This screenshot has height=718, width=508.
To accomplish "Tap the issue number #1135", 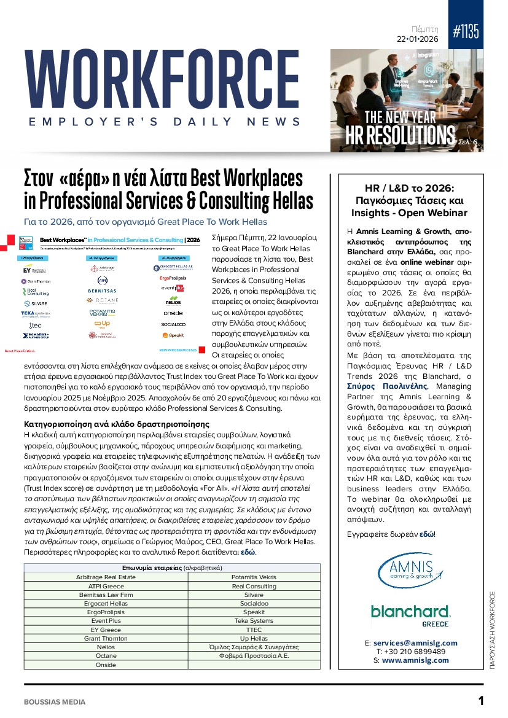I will [x=466, y=33].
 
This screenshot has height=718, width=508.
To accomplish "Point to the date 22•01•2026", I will [x=418, y=39].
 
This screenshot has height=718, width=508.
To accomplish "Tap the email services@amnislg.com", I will [x=415, y=643].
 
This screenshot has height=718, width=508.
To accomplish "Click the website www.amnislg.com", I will [x=415, y=660].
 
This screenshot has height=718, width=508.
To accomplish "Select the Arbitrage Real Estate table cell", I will [x=106, y=577].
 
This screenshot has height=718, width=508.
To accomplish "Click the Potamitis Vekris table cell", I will [x=254, y=577].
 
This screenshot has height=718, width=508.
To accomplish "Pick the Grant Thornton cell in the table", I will [x=106, y=639].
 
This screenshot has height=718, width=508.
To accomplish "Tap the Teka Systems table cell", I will [x=254, y=621].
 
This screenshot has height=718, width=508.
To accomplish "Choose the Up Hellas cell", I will [x=254, y=639].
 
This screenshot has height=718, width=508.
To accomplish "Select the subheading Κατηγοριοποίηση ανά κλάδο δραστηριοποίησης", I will [x=116, y=424].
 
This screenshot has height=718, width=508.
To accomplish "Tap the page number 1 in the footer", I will [x=481, y=701].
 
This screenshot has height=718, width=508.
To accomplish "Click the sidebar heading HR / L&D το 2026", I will [x=409, y=188].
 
